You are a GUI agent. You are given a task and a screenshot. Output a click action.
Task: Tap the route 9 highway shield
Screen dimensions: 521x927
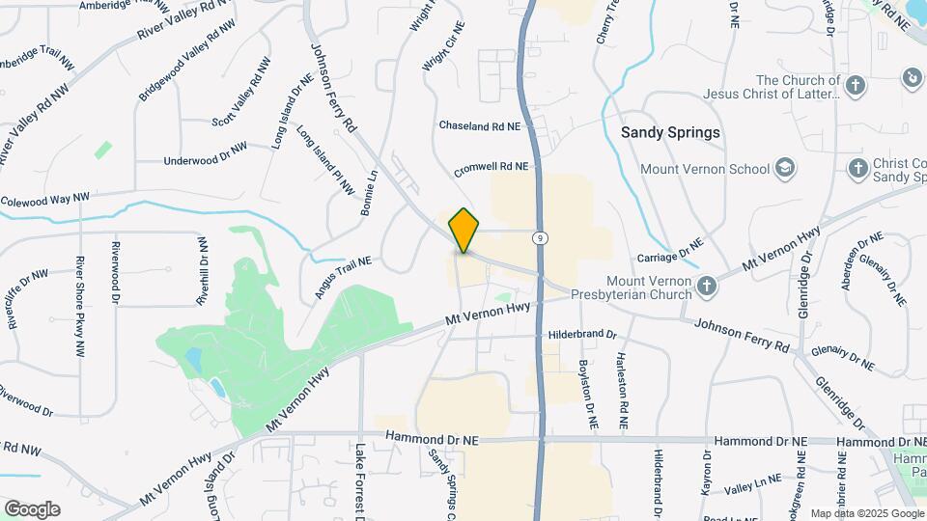tap(538, 236)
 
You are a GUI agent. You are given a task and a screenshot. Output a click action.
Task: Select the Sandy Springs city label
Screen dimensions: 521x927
tap(670, 132)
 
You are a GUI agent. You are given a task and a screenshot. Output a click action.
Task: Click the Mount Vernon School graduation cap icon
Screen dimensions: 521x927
tap(785, 169)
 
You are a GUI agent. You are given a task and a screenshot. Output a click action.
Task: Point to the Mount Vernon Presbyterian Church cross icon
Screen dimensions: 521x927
tap(707, 285)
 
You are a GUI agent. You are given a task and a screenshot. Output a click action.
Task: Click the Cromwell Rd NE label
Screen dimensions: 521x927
tap(492, 166)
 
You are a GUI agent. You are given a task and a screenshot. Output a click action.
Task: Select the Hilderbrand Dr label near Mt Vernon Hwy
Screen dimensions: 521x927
tap(582, 334)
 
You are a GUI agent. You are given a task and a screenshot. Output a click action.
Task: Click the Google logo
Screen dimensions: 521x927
tap(32, 508)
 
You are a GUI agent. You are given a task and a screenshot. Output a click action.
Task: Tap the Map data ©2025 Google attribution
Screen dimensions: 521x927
tap(866, 513)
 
